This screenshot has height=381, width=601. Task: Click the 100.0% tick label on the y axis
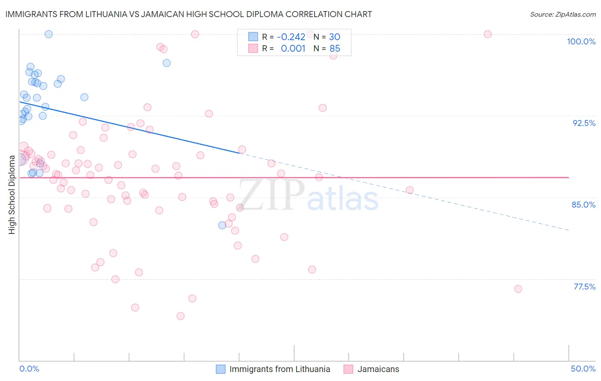click(581, 41)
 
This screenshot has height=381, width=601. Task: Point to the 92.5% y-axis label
click(584, 123)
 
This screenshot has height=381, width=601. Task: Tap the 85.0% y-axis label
click(583, 205)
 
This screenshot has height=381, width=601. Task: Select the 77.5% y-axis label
click(584, 287)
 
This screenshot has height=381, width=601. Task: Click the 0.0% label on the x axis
click(29, 369)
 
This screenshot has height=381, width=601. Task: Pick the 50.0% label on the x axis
click(583, 369)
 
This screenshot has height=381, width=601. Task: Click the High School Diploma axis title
click(12, 194)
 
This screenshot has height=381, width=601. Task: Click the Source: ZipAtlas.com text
click(563, 14)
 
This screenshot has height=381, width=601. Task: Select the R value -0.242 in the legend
click(291, 37)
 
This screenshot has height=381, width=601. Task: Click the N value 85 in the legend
click(335, 49)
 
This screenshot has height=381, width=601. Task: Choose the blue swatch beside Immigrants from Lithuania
click(221, 369)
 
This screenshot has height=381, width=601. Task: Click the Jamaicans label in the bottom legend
click(378, 369)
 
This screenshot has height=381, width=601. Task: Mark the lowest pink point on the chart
click(180, 316)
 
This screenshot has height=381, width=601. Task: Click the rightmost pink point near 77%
click(518, 289)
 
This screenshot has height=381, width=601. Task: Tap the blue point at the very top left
click(49, 34)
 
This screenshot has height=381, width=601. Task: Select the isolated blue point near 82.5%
click(222, 225)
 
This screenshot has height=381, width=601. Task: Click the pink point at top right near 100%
click(488, 34)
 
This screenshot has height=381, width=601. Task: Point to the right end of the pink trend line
click(569, 177)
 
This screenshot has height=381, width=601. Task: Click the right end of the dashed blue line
click(569, 230)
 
